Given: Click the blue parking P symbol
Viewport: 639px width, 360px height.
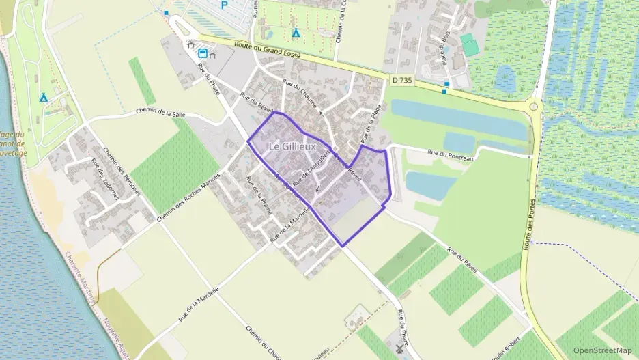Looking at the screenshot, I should pyautogui.click(x=224, y=4).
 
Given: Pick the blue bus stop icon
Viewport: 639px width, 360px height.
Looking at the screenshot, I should pyautogui.click(x=203, y=53).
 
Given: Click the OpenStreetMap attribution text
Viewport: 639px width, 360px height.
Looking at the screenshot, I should pyautogui.click(x=603, y=350).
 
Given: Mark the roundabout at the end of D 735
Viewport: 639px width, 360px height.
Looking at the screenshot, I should pyautogui.click(x=534, y=107).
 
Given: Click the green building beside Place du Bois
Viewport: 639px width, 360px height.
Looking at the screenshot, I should pyautogui.click(x=470, y=45).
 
